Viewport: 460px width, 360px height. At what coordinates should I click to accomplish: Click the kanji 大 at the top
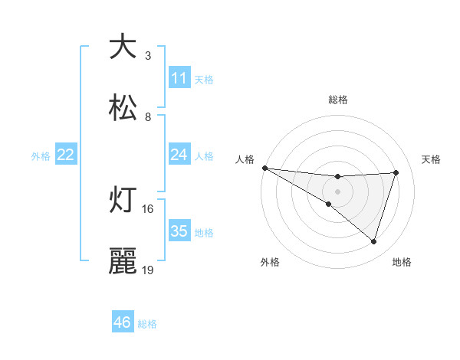click(x=123, y=47)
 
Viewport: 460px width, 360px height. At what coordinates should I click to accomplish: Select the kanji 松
click(x=123, y=107)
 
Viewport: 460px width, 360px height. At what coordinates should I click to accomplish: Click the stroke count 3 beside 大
click(x=148, y=55)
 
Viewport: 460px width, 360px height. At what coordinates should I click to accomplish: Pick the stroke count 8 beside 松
click(x=148, y=116)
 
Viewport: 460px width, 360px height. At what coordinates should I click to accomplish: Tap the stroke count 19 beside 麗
click(x=148, y=270)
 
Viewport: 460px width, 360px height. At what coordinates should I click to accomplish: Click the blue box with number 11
click(x=179, y=78)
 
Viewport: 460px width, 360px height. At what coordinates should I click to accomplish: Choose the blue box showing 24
click(x=179, y=155)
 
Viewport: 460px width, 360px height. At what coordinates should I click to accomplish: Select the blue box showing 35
click(x=179, y=231)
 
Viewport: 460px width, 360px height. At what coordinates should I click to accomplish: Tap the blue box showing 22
click(x=66, y=155)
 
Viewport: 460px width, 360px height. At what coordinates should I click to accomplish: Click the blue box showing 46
click(x=123, y=323)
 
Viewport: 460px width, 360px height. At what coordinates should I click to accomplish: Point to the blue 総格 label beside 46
click(x=147, y=324)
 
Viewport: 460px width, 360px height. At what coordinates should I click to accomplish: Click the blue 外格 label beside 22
click(x=41, y=156)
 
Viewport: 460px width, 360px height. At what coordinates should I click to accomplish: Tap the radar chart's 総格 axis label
click(x=338, y=100)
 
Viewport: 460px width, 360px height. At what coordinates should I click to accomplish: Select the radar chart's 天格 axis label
click(x=431, y=159)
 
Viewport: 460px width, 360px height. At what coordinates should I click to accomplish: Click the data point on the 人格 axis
click(x=264, y=168)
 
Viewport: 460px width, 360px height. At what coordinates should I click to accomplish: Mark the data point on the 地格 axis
click(x=373, y=241)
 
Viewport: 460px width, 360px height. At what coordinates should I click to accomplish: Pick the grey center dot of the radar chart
click(x=338, y=191)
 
